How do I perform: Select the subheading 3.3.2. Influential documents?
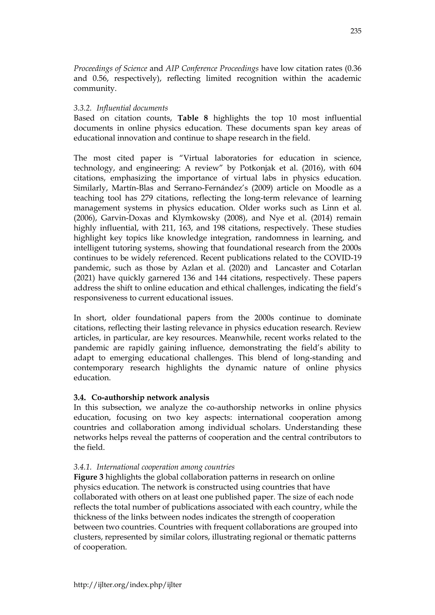tap(121, 108)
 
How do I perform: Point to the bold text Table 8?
tap(193, 118)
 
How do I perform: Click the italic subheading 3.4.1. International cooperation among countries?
tap(154, 467)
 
